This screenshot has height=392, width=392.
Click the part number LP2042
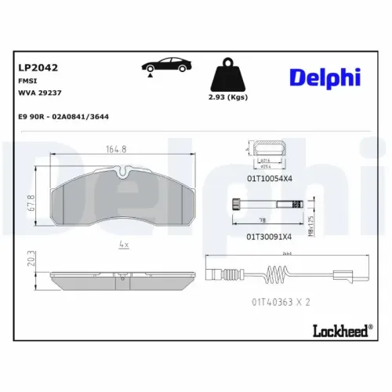click(x=37, y=67)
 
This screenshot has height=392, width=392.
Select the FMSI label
click(x=27, y=81)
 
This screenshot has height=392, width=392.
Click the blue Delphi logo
click(x=323, y=76)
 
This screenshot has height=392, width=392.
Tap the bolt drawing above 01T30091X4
click(x=267, y=206)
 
